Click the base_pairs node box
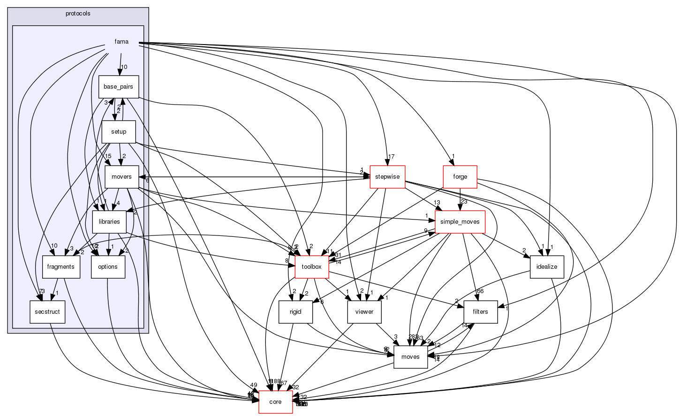click(x=118, y=87)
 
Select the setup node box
click(x=119, y=132)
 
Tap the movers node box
click(x=121, y=177)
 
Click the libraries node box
click(x=109, y=222)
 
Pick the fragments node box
click(x=61, y=267)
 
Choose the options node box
click(x=108, y=267)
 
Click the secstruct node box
click(x=47, y=312)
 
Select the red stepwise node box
click(x=387, y=177)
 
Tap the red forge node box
click(x=460, y=177)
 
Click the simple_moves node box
click(x=460, y=222)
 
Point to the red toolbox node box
click(x=311, y=267)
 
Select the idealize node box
click(x=547, y=267)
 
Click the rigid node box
click(x=295, y=312)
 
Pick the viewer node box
click(x=364, y=312)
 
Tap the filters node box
click(x=480, y=312)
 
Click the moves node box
click(x=410, y=357)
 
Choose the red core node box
click(x=275, y=402)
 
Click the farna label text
click(x=121, y=42)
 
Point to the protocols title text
click(x=78, y=14)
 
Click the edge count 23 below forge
click(x=464, y=202)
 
